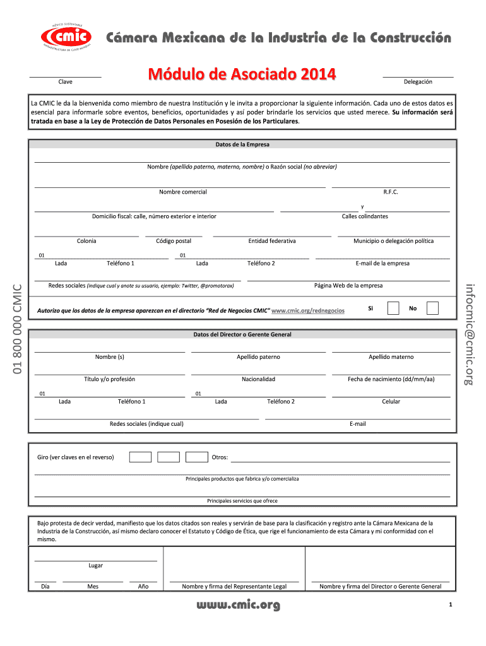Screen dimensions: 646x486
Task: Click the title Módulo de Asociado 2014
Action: click(242, 75)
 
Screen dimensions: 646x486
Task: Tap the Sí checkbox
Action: click(393, 308)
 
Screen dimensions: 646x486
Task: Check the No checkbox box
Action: click(432, 308)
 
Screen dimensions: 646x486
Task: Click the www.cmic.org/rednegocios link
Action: click(307, 311)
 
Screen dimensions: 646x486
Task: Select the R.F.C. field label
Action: click(391, 192)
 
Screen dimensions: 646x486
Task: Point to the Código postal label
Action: click(174, 241)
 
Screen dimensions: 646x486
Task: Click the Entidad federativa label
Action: click(272, 241)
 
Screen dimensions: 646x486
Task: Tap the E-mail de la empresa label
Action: click(382, 264)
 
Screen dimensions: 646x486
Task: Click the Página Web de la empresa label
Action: click(348, 286)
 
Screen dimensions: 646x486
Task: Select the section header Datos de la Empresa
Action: click(242, 144)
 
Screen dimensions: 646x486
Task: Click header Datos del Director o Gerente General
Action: click(242, 334)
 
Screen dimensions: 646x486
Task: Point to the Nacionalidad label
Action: click(258, 379)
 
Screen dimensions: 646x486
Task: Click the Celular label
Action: click(391, 402)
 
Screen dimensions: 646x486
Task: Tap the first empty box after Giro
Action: click(140, 457)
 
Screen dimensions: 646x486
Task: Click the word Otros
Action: click(220, 457)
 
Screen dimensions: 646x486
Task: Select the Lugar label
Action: click(95, 566)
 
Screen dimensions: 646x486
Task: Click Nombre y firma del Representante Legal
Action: click(234, 587)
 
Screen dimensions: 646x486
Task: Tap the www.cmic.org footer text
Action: click(239, 606)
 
